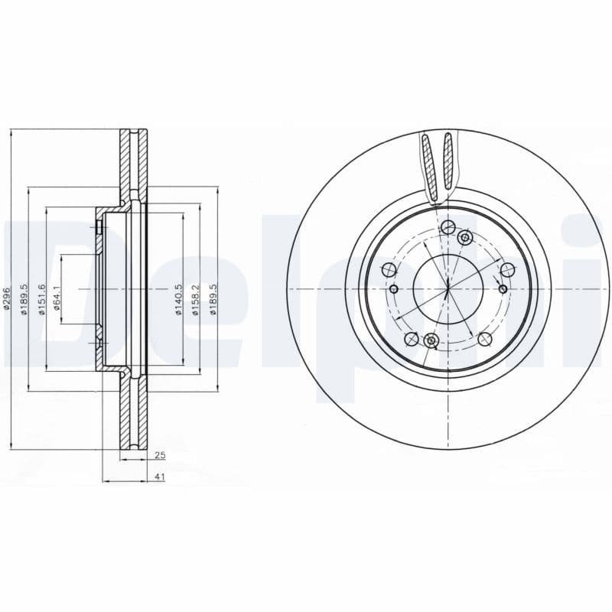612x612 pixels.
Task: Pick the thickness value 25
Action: pos(160,455)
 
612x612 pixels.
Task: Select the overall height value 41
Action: pos(160,477)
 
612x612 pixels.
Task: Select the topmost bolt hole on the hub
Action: pos(448,226)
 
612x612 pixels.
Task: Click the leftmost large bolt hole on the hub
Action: pos(388,269)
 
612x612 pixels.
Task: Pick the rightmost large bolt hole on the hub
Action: pos(506,269)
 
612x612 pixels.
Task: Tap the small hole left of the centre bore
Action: pos(394,288)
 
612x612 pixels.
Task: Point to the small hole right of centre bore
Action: pos(502,288)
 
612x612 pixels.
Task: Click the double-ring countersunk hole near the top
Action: pos(464,238)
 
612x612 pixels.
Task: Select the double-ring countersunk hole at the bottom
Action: pos(431,340)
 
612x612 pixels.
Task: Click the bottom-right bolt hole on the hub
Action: pos(483,339)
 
